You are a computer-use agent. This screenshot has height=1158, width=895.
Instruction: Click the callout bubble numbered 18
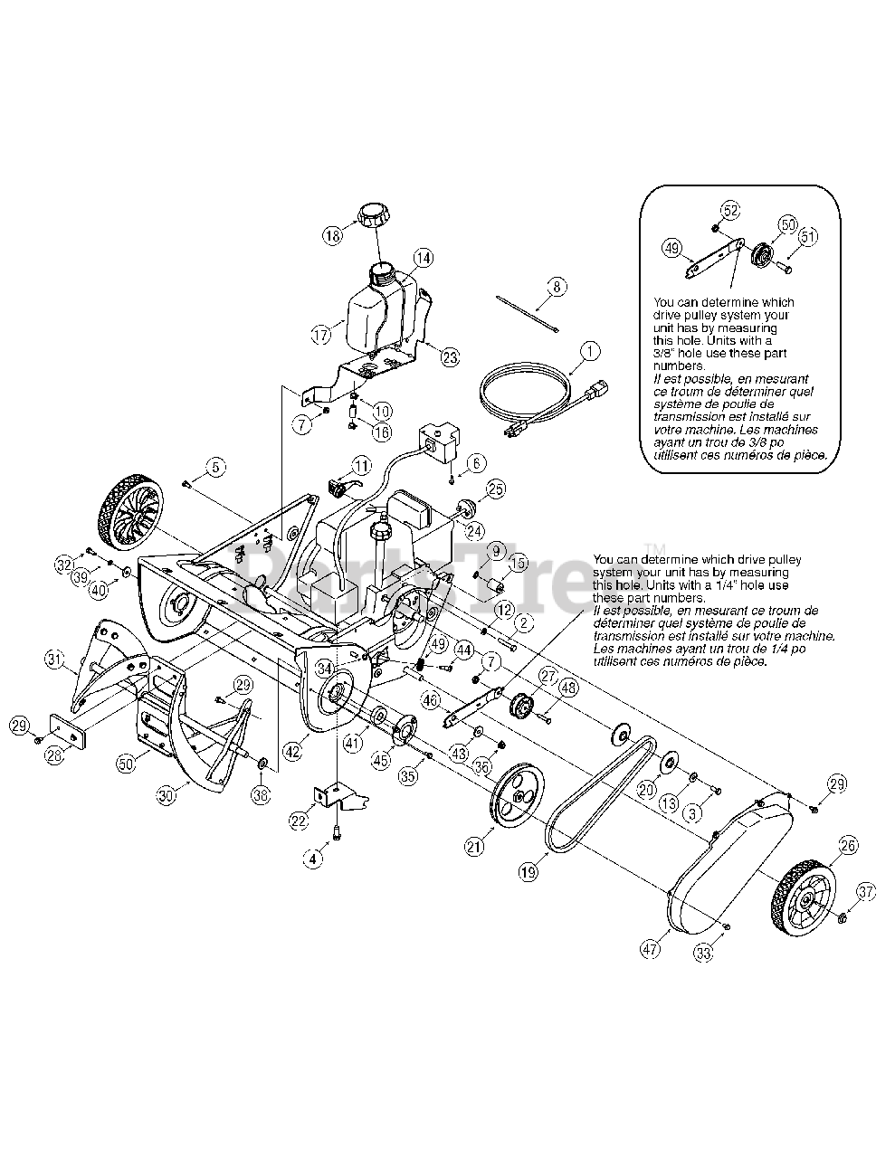[332, 234]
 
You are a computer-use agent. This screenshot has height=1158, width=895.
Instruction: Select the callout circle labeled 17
[322, 335]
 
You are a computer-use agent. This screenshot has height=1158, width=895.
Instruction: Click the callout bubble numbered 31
[55, 662]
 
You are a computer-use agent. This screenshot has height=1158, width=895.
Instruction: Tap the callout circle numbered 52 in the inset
[730, 211]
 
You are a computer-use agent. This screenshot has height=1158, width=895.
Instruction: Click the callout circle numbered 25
[495, 489]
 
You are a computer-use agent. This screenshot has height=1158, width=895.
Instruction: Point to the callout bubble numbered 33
[703, 951]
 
